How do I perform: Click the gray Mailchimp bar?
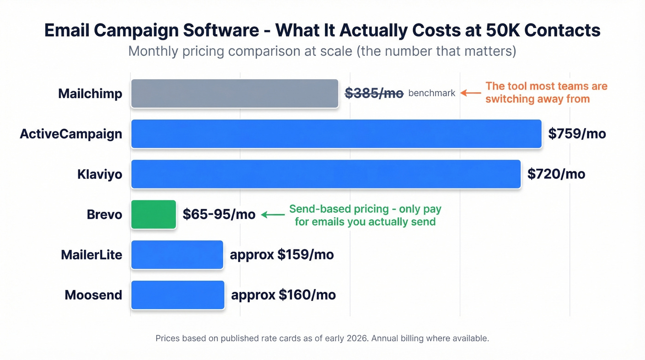235,94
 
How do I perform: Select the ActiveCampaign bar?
336,134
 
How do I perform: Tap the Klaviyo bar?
326,174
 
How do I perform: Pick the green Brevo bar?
153,214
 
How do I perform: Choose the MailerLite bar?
177,254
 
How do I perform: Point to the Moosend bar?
177,295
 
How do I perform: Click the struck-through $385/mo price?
374,93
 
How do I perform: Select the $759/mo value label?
577,134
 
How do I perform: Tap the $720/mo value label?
556,174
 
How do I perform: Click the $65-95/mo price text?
219,214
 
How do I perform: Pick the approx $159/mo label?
281,254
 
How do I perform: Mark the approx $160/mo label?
283,295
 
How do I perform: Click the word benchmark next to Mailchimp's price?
432,93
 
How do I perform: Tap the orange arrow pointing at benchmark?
471,93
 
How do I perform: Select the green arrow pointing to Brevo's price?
272,215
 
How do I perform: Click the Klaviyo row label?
100,174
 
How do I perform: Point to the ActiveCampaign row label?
71,134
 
